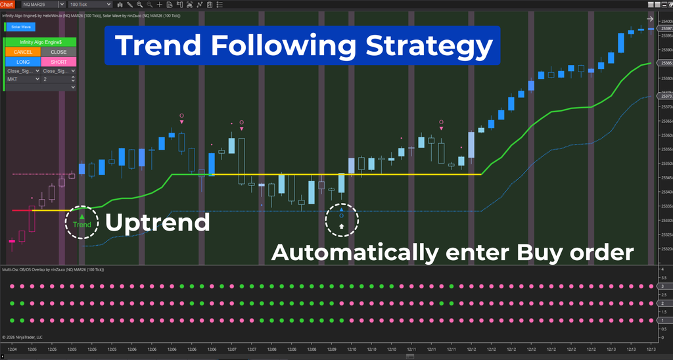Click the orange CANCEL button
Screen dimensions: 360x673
[x=22, y=52]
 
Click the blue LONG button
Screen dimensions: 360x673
[x=22, y=62]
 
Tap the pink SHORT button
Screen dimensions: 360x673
[x=58, y=62]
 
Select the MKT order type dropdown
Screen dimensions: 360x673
[x=22, y=79]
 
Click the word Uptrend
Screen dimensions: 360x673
[x=158, y=222]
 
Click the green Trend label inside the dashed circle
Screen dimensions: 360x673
[x=82, y=225]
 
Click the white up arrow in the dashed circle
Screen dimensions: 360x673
[x=342, y=226]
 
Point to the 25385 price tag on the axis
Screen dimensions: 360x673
[x=664, y=64]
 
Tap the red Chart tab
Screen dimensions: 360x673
[x=7, y=5]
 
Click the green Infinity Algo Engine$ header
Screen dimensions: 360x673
[x=40, y=42]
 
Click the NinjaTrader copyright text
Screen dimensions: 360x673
[x=22, y=337]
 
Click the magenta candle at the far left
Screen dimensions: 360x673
[x=11, y=242]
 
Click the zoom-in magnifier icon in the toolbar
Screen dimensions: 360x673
[x=139, y=5]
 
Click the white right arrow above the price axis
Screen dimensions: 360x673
[x=650, y=19]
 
